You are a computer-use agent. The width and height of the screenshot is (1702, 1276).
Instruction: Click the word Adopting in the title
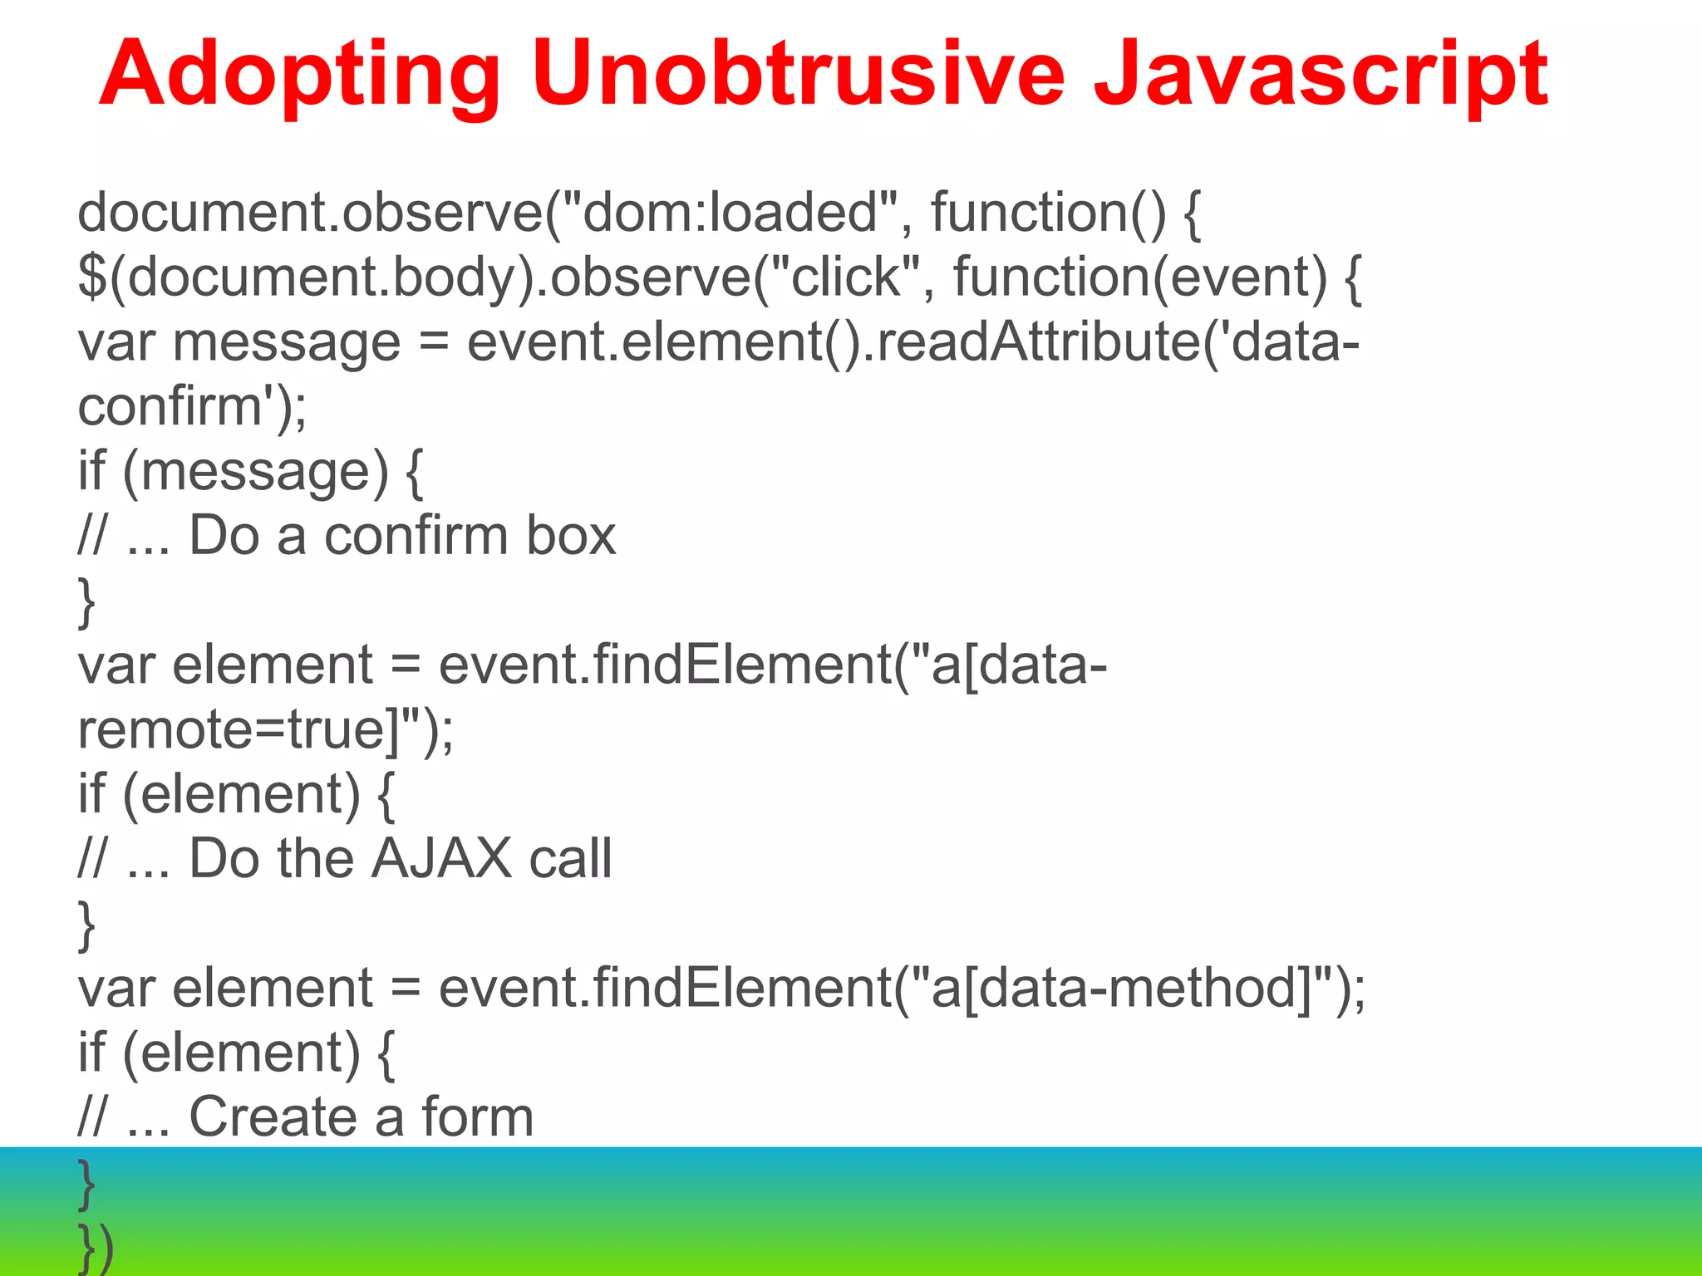[x=299, y=76]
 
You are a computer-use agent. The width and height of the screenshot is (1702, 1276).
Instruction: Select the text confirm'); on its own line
[x=192, y=407]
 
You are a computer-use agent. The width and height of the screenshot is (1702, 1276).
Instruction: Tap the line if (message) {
[x=249, y=472]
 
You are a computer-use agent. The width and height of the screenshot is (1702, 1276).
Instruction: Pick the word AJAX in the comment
[x=441, y=859]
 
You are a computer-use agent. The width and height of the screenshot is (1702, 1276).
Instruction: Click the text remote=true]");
[x=265, y=730]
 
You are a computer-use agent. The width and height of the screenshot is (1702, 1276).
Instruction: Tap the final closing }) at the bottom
[x=96, y=1248]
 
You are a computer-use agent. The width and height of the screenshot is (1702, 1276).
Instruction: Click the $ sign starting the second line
[x=91, y=277]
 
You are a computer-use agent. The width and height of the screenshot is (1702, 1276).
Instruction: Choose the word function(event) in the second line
[x=1139, y=277]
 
